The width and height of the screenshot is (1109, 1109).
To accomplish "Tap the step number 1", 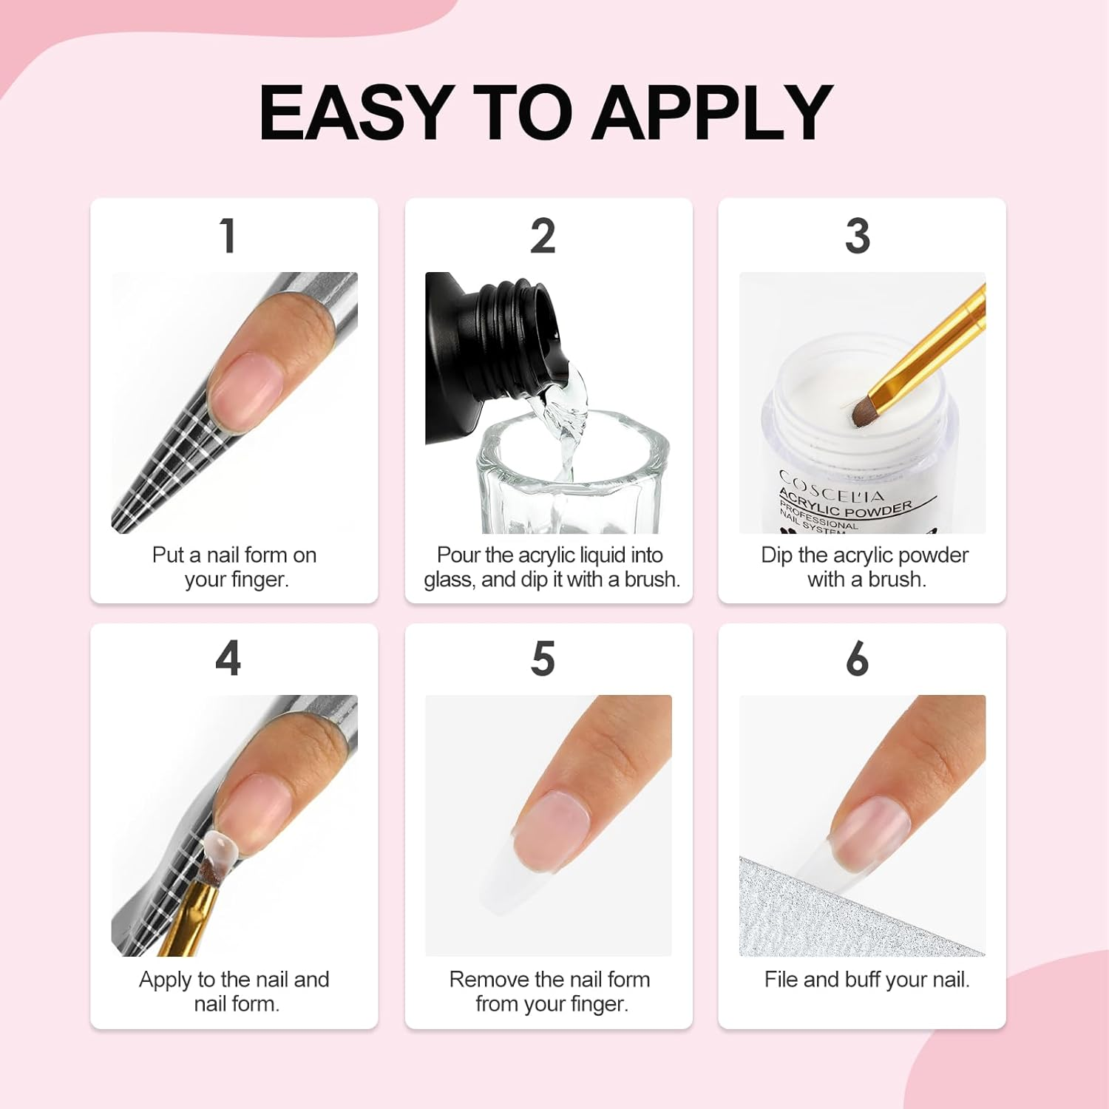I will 228,236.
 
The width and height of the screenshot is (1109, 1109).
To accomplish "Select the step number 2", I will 543,236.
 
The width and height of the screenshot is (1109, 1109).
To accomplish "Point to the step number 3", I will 858,236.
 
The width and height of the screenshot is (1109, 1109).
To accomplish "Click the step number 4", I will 228,658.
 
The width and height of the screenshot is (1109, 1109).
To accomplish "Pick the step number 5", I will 543,658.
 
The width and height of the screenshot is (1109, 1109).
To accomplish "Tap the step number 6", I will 858,658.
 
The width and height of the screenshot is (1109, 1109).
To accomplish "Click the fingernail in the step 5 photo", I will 553,827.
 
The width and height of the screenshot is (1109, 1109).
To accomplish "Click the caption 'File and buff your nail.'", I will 866,980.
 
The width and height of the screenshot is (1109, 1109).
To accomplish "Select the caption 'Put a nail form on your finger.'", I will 234,567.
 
